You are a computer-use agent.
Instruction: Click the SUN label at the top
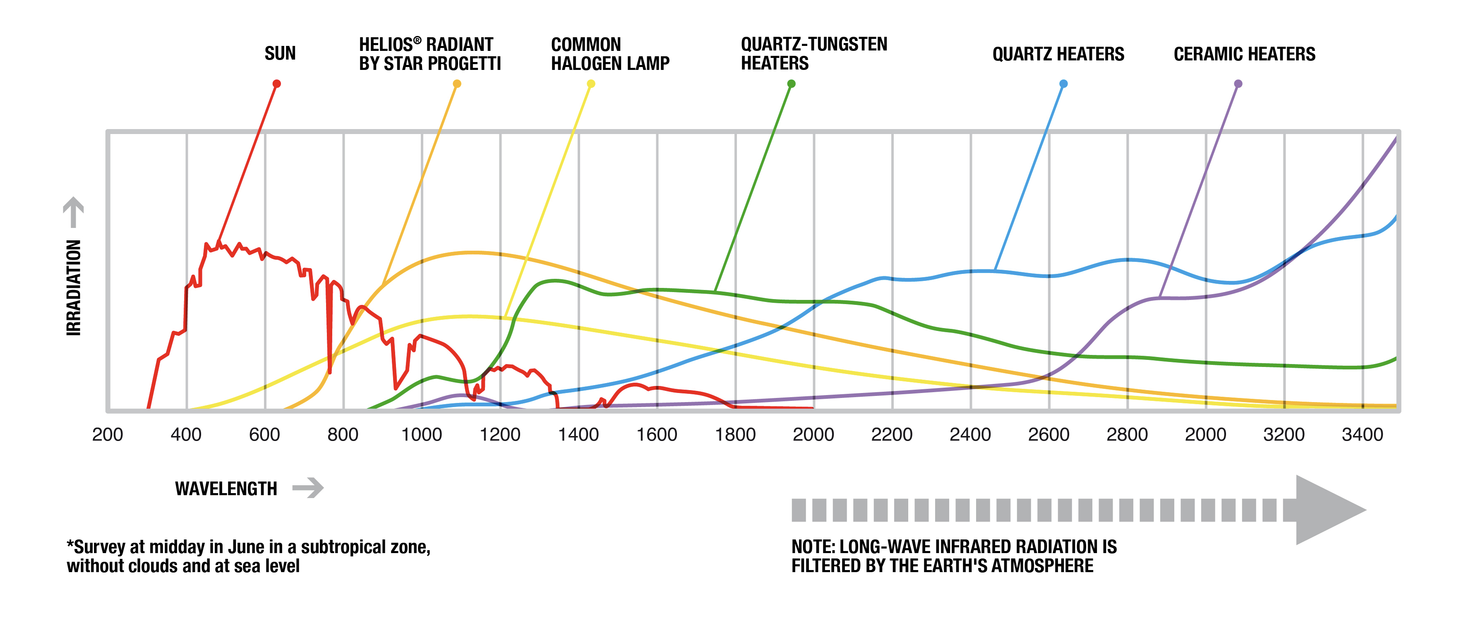[280, 53]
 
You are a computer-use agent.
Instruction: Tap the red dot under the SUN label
[276, 84]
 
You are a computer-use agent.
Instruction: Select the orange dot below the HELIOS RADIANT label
[456, 84]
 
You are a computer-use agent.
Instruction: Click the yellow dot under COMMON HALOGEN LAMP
[591, 84]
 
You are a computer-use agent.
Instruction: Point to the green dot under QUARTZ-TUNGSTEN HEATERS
[791, 84]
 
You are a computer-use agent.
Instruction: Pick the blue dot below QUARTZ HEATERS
[1063, 84]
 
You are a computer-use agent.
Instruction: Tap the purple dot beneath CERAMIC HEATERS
[1238, 84]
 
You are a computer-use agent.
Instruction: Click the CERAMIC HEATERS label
[1244, 54]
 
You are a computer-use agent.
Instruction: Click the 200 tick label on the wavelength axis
[108, 435]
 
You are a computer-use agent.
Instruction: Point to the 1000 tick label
[421, 435]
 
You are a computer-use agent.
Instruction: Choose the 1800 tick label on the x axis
[735, 435]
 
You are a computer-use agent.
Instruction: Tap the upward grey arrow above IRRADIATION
[73, 212]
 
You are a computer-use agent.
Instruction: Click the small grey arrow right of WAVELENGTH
[308, 488]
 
